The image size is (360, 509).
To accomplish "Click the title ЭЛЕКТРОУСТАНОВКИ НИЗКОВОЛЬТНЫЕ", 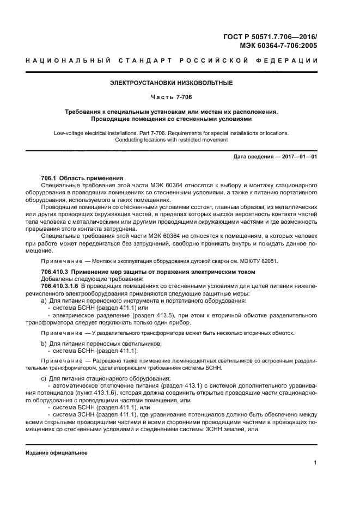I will pyautogui.click(x=171, y=83).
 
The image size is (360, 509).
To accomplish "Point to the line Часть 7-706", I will pyautogui.click(x=171, y=97).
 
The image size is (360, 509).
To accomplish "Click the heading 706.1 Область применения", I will pyautogui.click(x=82, y=179).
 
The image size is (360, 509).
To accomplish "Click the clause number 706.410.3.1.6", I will pyautogui.click(x=60, y=286).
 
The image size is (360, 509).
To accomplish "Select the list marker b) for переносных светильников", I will pyautogui.click(x=44, y=344).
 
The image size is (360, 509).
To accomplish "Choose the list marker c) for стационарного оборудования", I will pyautogui.click(x=44, y=378).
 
